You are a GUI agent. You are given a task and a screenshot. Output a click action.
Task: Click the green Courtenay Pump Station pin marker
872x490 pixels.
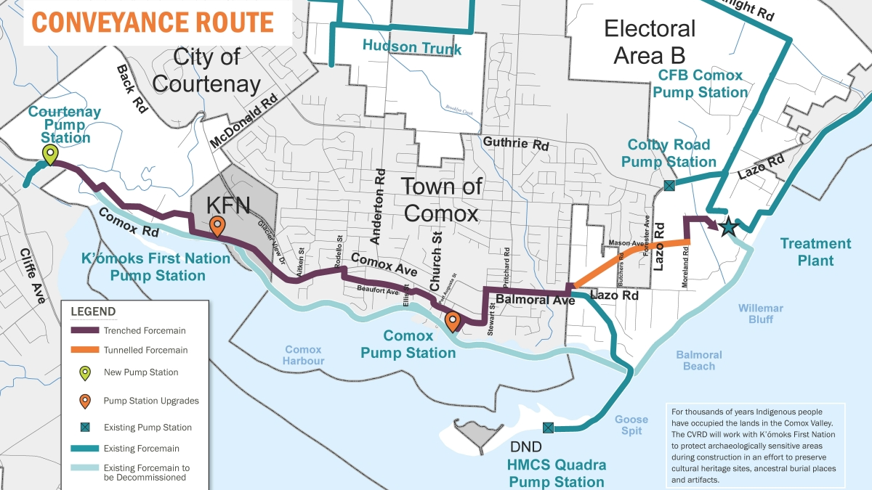pyautogui.click(x=49, y=154)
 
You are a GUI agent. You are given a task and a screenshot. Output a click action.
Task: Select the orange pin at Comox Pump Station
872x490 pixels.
pyautogui.click(x=452, y=320)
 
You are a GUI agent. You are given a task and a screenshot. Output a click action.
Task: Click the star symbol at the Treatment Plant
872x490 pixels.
pyautogui.click(x=728, y=228)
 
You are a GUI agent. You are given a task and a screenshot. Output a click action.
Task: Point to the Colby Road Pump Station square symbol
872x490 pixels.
pyautogui.click(x=669, y=187)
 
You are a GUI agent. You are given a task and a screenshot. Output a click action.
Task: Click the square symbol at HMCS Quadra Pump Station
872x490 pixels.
pyautogui.click(x=549, y=427)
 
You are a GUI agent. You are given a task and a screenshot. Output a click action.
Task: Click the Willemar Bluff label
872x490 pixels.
pyautogui.click(x=761, y=313)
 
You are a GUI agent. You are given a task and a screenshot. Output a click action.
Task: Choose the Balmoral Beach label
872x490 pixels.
pyautogui.click(x=699, y=360)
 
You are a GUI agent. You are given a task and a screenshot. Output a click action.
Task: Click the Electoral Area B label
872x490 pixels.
pyautogui.click(x=649, y=42)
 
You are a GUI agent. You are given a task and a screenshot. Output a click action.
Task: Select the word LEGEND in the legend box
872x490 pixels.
pyautogui.click(x=93, y=312)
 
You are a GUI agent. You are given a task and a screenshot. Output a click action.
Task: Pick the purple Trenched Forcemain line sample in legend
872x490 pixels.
pyautogui.click(x=84, y=330)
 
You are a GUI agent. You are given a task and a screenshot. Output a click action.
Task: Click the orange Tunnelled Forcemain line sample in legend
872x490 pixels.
pyautogui.click(x=84, y=350)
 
